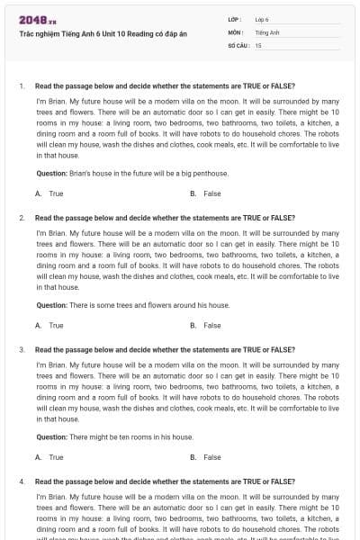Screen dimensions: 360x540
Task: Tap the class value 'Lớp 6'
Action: coord(262,19)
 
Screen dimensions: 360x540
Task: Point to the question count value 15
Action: coord(258,44)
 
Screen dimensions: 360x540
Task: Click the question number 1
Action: coord(21,86)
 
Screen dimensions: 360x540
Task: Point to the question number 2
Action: coord(21,218)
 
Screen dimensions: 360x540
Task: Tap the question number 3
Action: coord(21,349)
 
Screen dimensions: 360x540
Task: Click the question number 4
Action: coord(21,481)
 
